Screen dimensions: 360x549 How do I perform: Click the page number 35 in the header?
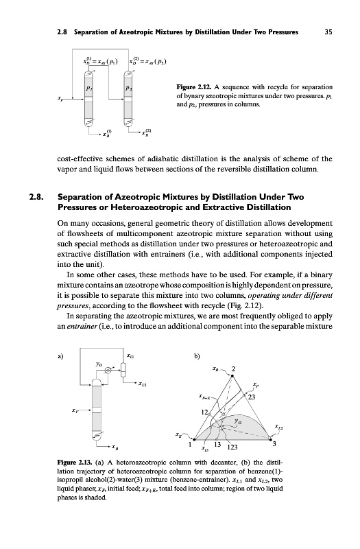pos(328,32)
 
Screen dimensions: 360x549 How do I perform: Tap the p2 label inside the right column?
pos(128,88)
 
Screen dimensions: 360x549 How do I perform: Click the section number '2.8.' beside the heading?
pos(36,197)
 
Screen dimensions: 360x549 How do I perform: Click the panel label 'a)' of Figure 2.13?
pos(60,357)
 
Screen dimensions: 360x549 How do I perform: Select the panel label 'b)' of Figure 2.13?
pos(197,357)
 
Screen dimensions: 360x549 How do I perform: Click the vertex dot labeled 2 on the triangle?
pos(232,375)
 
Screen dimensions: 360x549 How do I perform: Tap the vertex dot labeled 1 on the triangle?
pos(195,439)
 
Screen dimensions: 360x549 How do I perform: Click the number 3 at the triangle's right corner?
pos(274,444)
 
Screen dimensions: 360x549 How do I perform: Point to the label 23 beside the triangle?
pos(252,397)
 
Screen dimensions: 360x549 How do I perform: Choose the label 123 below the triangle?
pos(232,447)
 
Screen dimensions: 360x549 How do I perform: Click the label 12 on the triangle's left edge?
pos(204,412)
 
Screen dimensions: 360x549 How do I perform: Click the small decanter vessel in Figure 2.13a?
pos(123,370)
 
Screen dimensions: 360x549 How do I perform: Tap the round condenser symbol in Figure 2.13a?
pos(109,370)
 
